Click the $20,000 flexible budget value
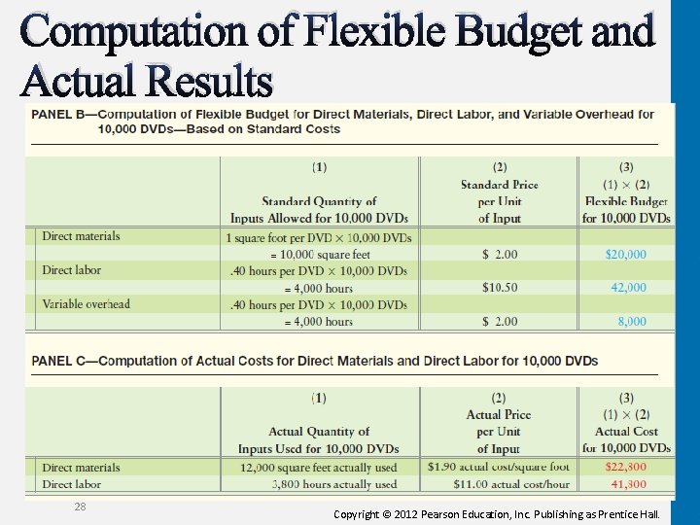pyautogui.click(x=625, y=255)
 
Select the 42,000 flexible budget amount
pyautogui.click(x=627, y=288)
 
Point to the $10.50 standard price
pyautogui.click(x=500, y=288)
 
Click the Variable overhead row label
pyautogui.click(x=86, y=304)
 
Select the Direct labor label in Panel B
pyautogui.click(x=71, y=270)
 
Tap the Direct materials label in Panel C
pyautogui.click(x=81, y=468)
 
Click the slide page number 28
pyautogui.click(x=81, y=507)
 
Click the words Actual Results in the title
pyautogui.click(x=146, y=82)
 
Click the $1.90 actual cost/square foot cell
pyautogui.click(x=498, y=468)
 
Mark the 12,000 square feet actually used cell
pyautogui.click(x=318, y=468)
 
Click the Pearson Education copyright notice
pyautogui.click(x=496, y=512)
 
